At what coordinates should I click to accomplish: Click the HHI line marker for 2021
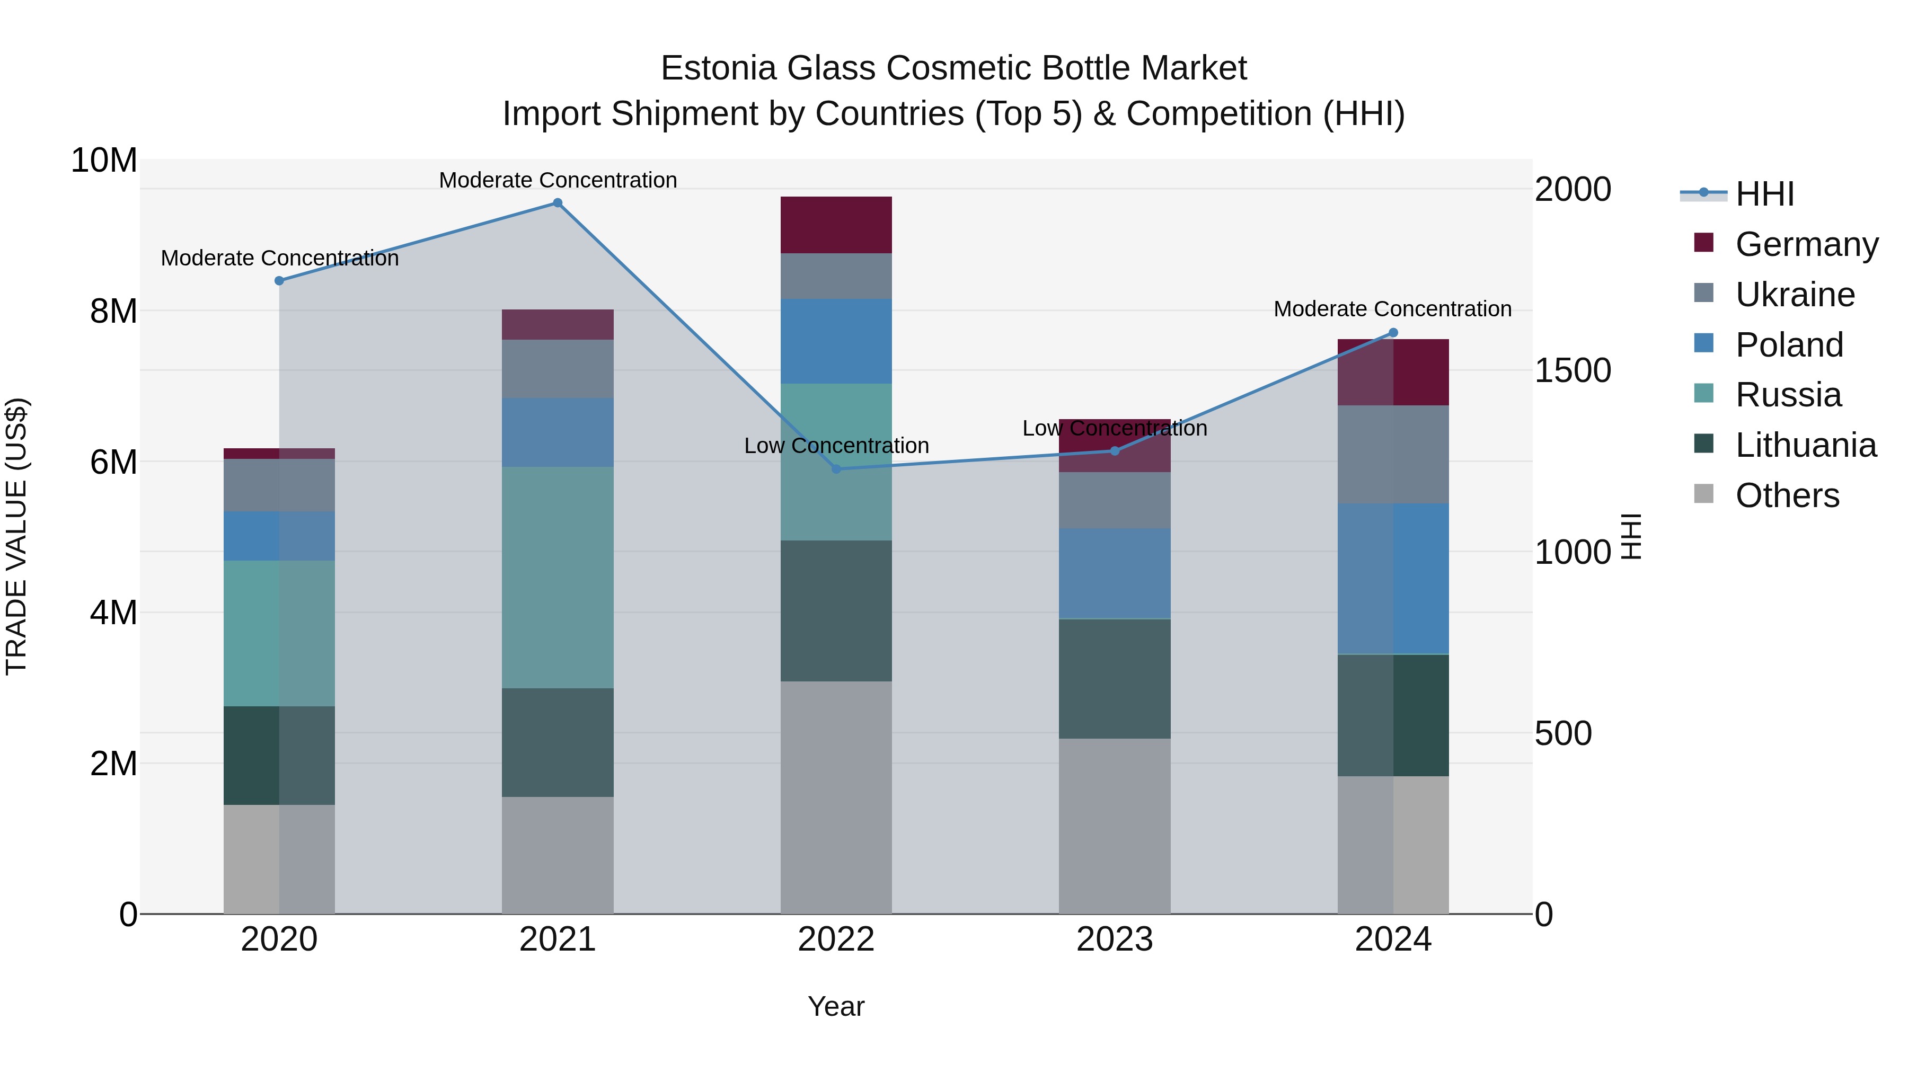(558, 203)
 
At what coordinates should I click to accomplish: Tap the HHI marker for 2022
(836, 469)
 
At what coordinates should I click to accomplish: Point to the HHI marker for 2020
(279, 281)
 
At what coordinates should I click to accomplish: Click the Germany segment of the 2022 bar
(836, 225)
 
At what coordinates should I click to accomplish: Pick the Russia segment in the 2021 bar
(558, 578)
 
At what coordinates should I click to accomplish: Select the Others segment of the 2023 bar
(1115, 826)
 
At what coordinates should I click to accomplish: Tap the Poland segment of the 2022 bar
(836, 341)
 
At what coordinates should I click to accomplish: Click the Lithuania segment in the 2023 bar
(1115, 678)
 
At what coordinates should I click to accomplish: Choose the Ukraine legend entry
(1795, 295)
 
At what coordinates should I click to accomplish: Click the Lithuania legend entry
(1805, 445)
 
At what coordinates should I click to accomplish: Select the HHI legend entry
(1764, 194)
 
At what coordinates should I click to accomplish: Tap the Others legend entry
(1787, 495)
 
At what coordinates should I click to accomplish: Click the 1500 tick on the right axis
(1573, 370)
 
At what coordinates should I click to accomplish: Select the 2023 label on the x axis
(1115, 939)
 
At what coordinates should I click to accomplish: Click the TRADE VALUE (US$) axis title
(16, 536)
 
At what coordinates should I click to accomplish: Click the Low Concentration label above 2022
(836, 446)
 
